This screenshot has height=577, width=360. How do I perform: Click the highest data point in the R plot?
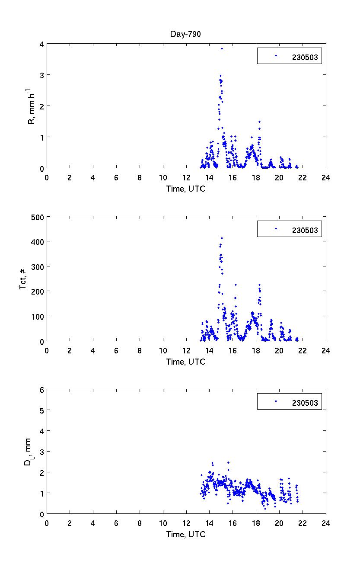pos(222,48)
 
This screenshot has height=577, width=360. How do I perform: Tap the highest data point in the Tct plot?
pos(222,238)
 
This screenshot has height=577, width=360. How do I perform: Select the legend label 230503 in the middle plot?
pos(305,230)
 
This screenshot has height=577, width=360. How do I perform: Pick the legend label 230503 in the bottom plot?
pos(305,403)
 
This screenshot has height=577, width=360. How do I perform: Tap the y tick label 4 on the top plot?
pos(41,44)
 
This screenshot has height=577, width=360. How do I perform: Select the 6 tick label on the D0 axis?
pos(41,389)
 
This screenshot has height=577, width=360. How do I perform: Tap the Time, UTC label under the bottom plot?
pos(186,534)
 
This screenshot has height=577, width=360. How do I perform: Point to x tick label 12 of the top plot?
pos(186,177)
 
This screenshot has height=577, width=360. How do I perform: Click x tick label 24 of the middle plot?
pos(325,350)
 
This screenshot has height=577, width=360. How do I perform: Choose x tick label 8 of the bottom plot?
pos(140,523)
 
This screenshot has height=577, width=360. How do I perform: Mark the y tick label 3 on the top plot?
pos(41,75)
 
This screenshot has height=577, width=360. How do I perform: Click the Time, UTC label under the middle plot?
pos(186,362)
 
